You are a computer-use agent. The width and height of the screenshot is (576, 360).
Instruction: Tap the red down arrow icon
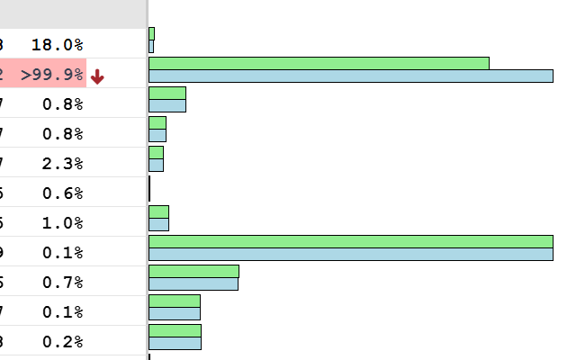[x=97, y=77]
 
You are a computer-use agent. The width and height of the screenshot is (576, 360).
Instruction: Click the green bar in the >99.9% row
[x=319, y=63]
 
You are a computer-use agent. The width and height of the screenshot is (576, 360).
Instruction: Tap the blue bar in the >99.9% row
[x=350, y=76]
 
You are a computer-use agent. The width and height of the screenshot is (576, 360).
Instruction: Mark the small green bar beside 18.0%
[x=151, y=33]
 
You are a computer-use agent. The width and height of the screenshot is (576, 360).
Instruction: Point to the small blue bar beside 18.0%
[x=151, y=46]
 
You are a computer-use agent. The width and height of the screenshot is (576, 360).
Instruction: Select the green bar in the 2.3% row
[x=156, y=152]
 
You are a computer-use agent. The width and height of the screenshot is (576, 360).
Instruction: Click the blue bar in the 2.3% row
[x=156, y=165]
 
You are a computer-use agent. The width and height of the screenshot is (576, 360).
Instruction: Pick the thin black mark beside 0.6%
[x=149, y=189]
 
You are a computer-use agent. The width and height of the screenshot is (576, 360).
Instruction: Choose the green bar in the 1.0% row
[x=158, y=211]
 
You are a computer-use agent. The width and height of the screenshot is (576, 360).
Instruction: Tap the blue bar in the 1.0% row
[x=158, y=224]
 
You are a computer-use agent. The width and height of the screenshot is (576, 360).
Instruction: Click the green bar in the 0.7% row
[x=193, y=271]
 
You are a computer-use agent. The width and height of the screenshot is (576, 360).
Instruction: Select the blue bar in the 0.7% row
[x=193, y=283]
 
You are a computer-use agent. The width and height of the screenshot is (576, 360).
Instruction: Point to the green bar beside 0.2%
[x=175, y=330]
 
